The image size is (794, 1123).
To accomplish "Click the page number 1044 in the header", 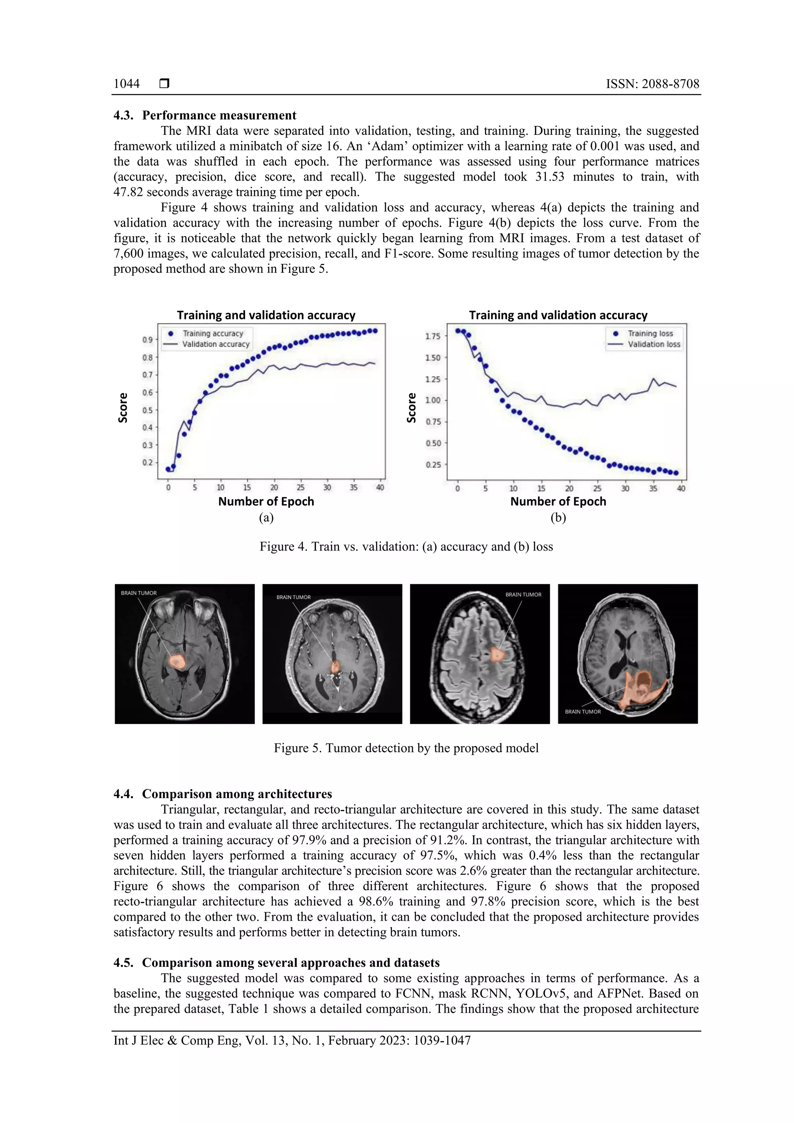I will (x=126, y=84).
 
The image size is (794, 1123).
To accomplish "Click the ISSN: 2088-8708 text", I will (x=652, y=84).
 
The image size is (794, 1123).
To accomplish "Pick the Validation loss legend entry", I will (x=654, y=344).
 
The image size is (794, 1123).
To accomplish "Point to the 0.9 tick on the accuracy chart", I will (x=147, y=340).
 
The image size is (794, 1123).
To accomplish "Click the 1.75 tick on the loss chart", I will (x=433, y=336).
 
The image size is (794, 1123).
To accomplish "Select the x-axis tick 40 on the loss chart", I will (x=681, y=488).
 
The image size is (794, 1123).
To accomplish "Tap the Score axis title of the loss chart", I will (x=411, y=407).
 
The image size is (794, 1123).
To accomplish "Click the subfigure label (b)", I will (x=558, y=518).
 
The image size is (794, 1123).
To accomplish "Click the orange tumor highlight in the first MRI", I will (x=176, y=661).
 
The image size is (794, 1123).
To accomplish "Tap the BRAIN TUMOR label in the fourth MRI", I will (x=583, y=712).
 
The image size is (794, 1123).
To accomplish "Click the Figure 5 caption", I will (x=406, y=748).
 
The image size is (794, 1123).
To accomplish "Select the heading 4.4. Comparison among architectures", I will (x=223, y=794).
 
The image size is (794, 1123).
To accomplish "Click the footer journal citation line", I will (x=292, y=1040).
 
